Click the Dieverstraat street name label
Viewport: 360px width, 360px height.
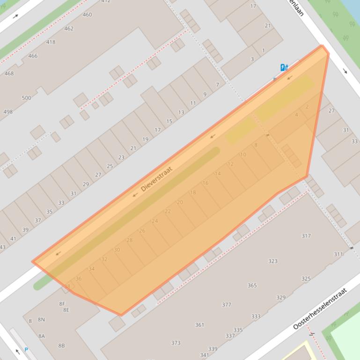(x=156, y=179)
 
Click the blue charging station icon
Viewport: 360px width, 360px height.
(x=284, y=67)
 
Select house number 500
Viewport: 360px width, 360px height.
(x=26, y=98)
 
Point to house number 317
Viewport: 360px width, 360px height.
(x=306, y=236)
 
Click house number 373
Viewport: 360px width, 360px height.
(x=176, y=343)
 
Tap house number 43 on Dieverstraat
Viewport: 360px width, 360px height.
(x=2, y=247)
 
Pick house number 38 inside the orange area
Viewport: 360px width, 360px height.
(x=67, y=287)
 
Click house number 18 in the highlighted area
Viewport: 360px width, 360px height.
(x=193, y=193)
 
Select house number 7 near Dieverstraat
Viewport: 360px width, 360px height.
(x=217, y=85)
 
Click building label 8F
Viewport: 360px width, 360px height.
(x=62, y=304)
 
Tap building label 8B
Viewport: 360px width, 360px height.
(x=61, y=346)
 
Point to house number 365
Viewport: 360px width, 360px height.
(x=252, y=286)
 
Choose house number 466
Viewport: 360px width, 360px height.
(x=33, y=56)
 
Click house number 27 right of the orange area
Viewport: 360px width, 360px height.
(x=331, y=111)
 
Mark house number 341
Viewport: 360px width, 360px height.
(x=205, y=355)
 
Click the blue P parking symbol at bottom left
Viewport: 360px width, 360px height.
(x=26, y=350)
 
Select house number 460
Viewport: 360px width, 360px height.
(x=87, y=15)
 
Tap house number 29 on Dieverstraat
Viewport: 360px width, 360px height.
(x=86, y=184)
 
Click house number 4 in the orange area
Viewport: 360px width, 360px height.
(x=296, y=115)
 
